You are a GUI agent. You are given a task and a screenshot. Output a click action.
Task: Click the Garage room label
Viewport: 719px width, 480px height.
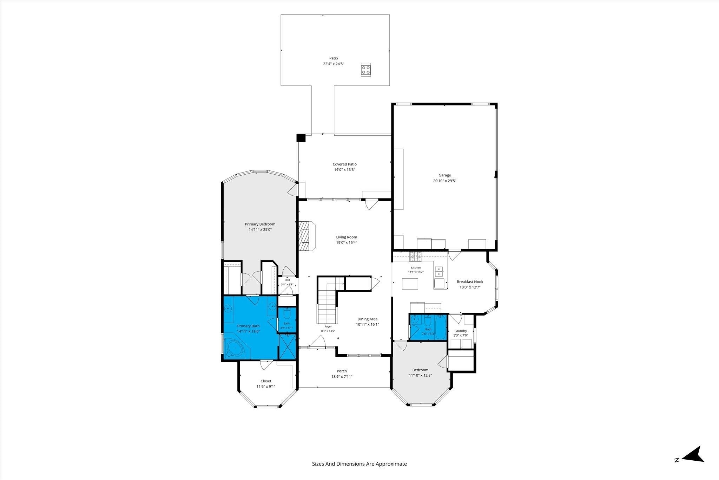(x=444, y=175)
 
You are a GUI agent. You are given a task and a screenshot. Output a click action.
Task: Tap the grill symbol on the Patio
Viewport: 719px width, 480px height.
(x=366, y=69)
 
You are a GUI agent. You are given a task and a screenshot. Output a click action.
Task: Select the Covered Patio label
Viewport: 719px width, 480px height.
(x=344, y=164)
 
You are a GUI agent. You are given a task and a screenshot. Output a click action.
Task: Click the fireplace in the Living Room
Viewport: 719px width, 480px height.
(x=307, y=236)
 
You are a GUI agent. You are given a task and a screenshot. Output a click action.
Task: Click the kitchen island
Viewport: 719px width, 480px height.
(x=410, y=284)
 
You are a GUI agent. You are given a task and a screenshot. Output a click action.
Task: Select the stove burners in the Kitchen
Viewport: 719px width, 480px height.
(x=416, y=257)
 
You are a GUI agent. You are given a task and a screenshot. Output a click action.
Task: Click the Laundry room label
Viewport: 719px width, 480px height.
(x=461, y=331)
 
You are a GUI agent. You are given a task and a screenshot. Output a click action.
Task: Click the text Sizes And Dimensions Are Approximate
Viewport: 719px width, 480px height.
(x=359, y=464)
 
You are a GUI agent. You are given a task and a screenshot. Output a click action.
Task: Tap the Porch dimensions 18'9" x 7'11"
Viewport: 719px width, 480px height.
(x=342, y=377)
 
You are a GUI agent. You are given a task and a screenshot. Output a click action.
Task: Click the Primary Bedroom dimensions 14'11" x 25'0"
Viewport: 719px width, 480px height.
(x=260, y=230)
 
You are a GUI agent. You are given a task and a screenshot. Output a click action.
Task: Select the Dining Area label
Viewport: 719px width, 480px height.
(x=368, y=319)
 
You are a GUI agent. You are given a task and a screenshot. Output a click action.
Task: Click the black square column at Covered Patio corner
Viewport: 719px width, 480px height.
(x=301, y=138)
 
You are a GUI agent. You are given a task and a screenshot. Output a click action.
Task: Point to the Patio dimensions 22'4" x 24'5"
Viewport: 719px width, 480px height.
(x=334, y=64)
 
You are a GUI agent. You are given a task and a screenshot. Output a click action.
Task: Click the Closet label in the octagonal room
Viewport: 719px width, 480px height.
(x=266, y=381)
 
